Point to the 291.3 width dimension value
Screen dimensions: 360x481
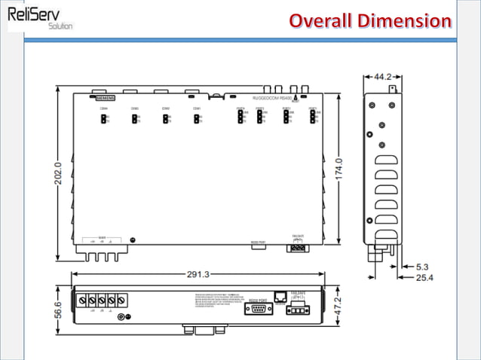[198, 274]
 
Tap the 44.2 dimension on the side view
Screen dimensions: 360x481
[382, 77]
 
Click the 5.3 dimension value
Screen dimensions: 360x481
[424, 267]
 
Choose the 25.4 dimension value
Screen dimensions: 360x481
[425, 278]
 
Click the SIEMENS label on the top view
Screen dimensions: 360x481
[105, 98]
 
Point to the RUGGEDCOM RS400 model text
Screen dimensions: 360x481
[272, 98]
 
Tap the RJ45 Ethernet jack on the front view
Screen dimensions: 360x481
[280, 298]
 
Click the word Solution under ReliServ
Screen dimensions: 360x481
[60, 26]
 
